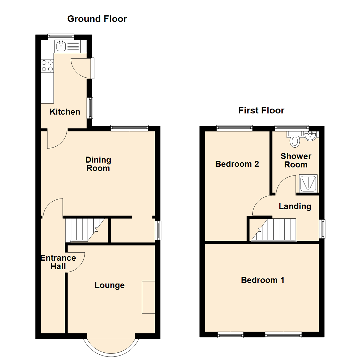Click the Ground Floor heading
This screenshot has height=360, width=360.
pos(97,19)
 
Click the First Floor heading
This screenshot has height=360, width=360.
pos(261,110)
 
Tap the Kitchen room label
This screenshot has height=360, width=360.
pos(65,112)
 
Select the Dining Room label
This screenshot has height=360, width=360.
pos(98,164)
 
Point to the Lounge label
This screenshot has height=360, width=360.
pos(110,285)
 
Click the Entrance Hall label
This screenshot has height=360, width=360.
pos(58,262)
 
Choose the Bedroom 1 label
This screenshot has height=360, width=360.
pos(263,280)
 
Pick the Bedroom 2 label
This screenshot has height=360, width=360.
pos(237,164)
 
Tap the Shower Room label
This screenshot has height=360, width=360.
pos(296,160)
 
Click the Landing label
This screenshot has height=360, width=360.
pos(295,206)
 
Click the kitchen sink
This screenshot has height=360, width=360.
pos(61,46)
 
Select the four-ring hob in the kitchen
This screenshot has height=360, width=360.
pos(47,65)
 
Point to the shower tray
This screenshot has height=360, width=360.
pos(308,183)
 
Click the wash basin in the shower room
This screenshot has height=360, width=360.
pos(311,136)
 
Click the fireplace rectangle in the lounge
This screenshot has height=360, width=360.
pos(149,297)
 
